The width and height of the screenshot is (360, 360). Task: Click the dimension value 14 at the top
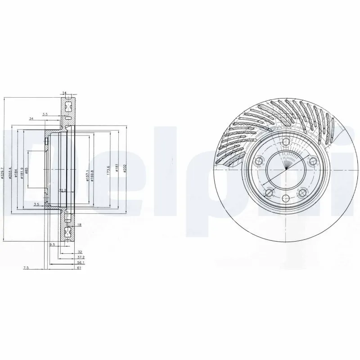64,94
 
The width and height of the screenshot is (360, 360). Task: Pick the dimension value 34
31,119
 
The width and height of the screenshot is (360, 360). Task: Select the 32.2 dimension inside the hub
63,190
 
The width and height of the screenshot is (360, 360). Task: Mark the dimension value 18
79,225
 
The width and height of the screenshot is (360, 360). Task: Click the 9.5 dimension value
52,244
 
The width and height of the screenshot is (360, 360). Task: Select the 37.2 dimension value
80,257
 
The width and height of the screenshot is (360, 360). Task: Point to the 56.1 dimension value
80,262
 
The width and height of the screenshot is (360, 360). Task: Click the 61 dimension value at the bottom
79,268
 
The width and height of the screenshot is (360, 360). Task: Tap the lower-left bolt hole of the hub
269,193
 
